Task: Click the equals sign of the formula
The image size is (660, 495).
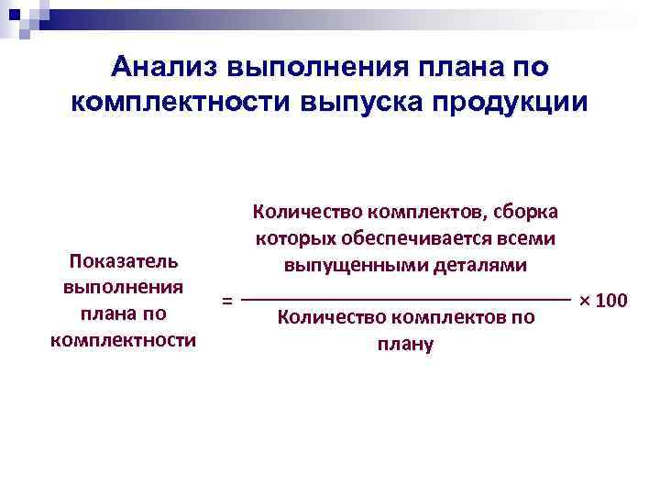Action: click(227, 301)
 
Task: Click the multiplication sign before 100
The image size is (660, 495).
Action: click(584, 300)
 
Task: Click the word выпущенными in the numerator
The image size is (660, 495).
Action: click(344, 267)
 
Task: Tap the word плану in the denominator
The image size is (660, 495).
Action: click(404, 346)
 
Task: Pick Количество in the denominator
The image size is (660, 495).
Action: click(321, 319)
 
